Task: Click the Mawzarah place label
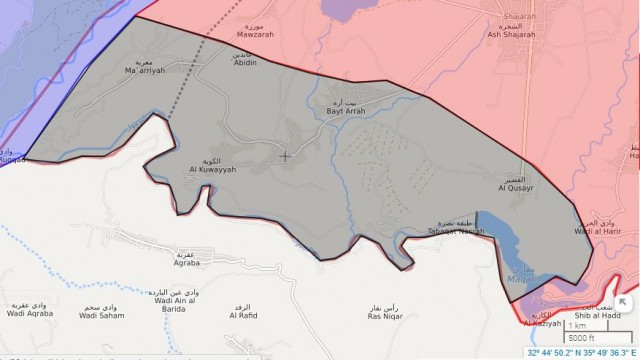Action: [x=254, y=33]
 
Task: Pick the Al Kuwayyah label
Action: [x=212, y=169]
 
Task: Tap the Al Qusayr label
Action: [x=518, y=186]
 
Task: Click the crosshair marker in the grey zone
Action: [x=286, y=155]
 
